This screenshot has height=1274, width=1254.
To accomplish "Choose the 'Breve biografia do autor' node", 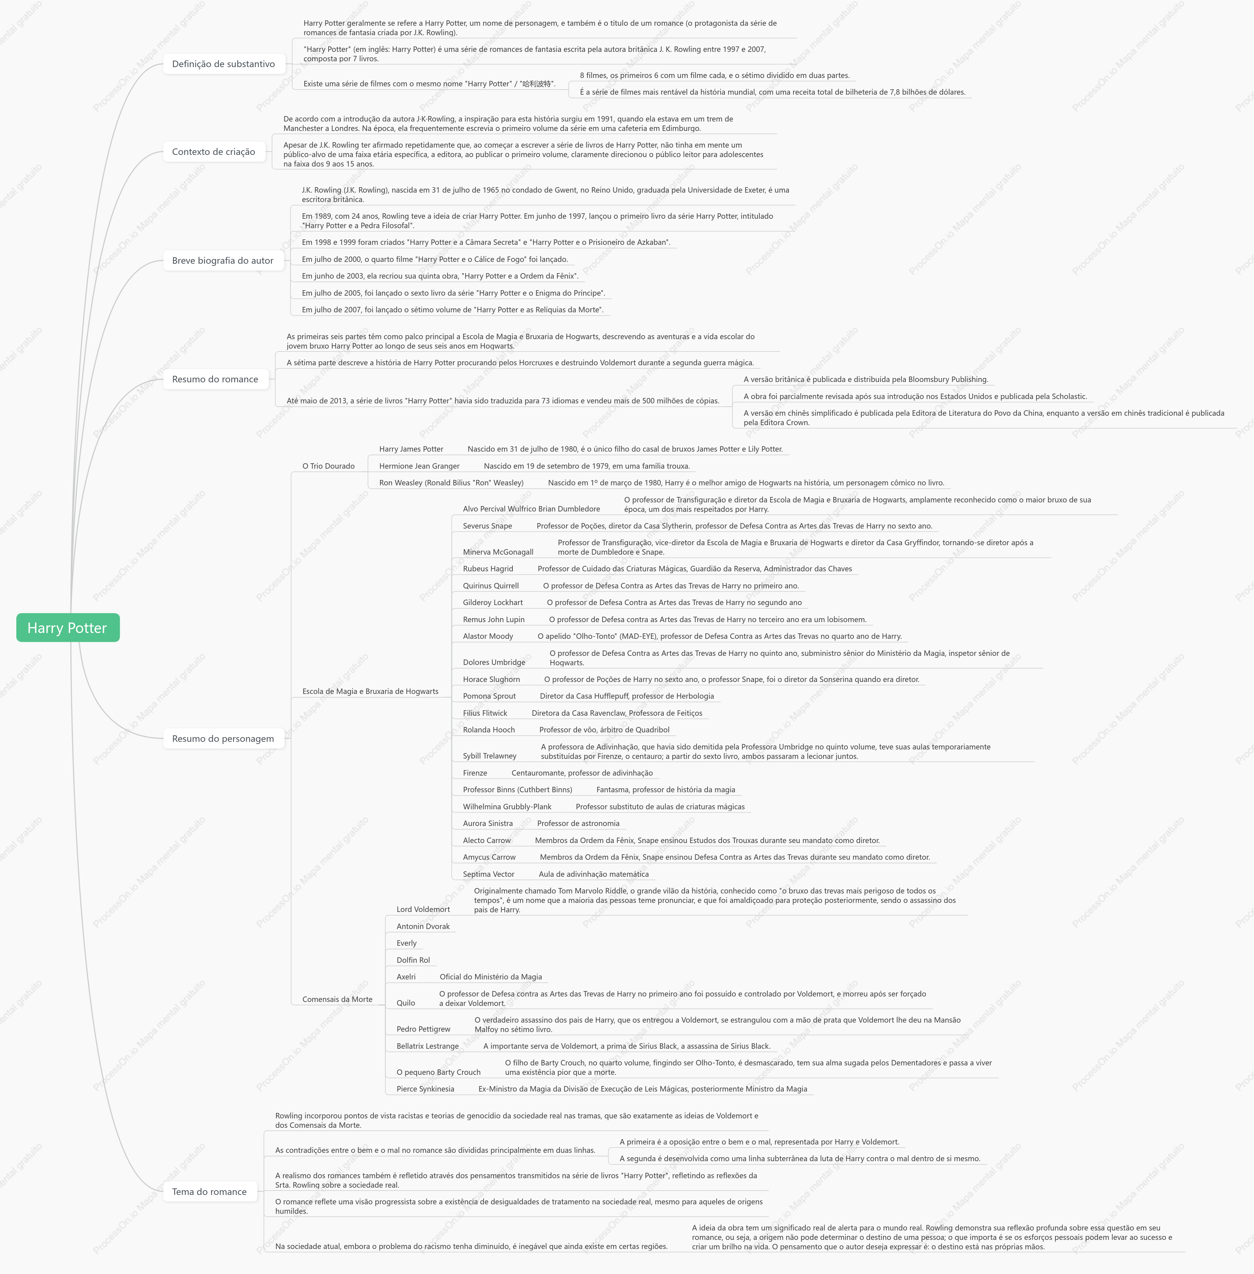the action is [223, 260].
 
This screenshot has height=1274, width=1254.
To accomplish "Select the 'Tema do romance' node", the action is [210, 1192].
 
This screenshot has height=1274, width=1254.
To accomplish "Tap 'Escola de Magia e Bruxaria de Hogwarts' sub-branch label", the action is [370, 691].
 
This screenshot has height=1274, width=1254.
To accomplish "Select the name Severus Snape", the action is [487, 526].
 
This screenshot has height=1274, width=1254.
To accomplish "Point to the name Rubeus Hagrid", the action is [488, 568].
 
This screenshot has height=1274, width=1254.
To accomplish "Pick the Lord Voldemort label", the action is [424, 909].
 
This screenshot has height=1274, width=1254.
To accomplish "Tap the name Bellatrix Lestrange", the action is [428, 1046].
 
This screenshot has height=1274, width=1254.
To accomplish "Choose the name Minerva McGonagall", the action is [498, 552].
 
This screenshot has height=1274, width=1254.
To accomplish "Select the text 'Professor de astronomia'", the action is [578, 823].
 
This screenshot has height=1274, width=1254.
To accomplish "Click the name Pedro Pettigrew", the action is [424, 1029].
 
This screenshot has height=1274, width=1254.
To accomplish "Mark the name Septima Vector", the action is [489, 874].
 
